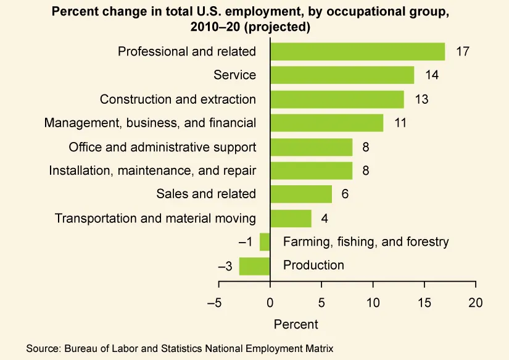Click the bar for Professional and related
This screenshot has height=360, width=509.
point(357,51)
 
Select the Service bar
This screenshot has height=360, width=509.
point(342,75)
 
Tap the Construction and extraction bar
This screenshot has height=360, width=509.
point(337,99)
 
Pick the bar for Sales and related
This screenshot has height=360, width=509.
point(301,194)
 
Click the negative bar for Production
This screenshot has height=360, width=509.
point(255,266)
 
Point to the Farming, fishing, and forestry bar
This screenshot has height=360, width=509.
point(265,241)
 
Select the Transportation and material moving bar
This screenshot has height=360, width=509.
point(291,218)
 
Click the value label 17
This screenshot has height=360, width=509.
point(463,51)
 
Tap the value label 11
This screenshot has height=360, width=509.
point(400,123)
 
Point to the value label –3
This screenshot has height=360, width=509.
point(225,266)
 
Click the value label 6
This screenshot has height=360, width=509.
point(345,194)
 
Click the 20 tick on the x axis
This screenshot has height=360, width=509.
point(475,303)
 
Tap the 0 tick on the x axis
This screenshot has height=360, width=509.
point(270,303)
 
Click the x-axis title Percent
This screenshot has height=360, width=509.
point(296,324)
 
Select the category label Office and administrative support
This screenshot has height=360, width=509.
point(162,147)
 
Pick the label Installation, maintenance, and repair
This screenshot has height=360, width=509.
point(152,170)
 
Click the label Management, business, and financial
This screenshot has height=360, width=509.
point(150,123)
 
